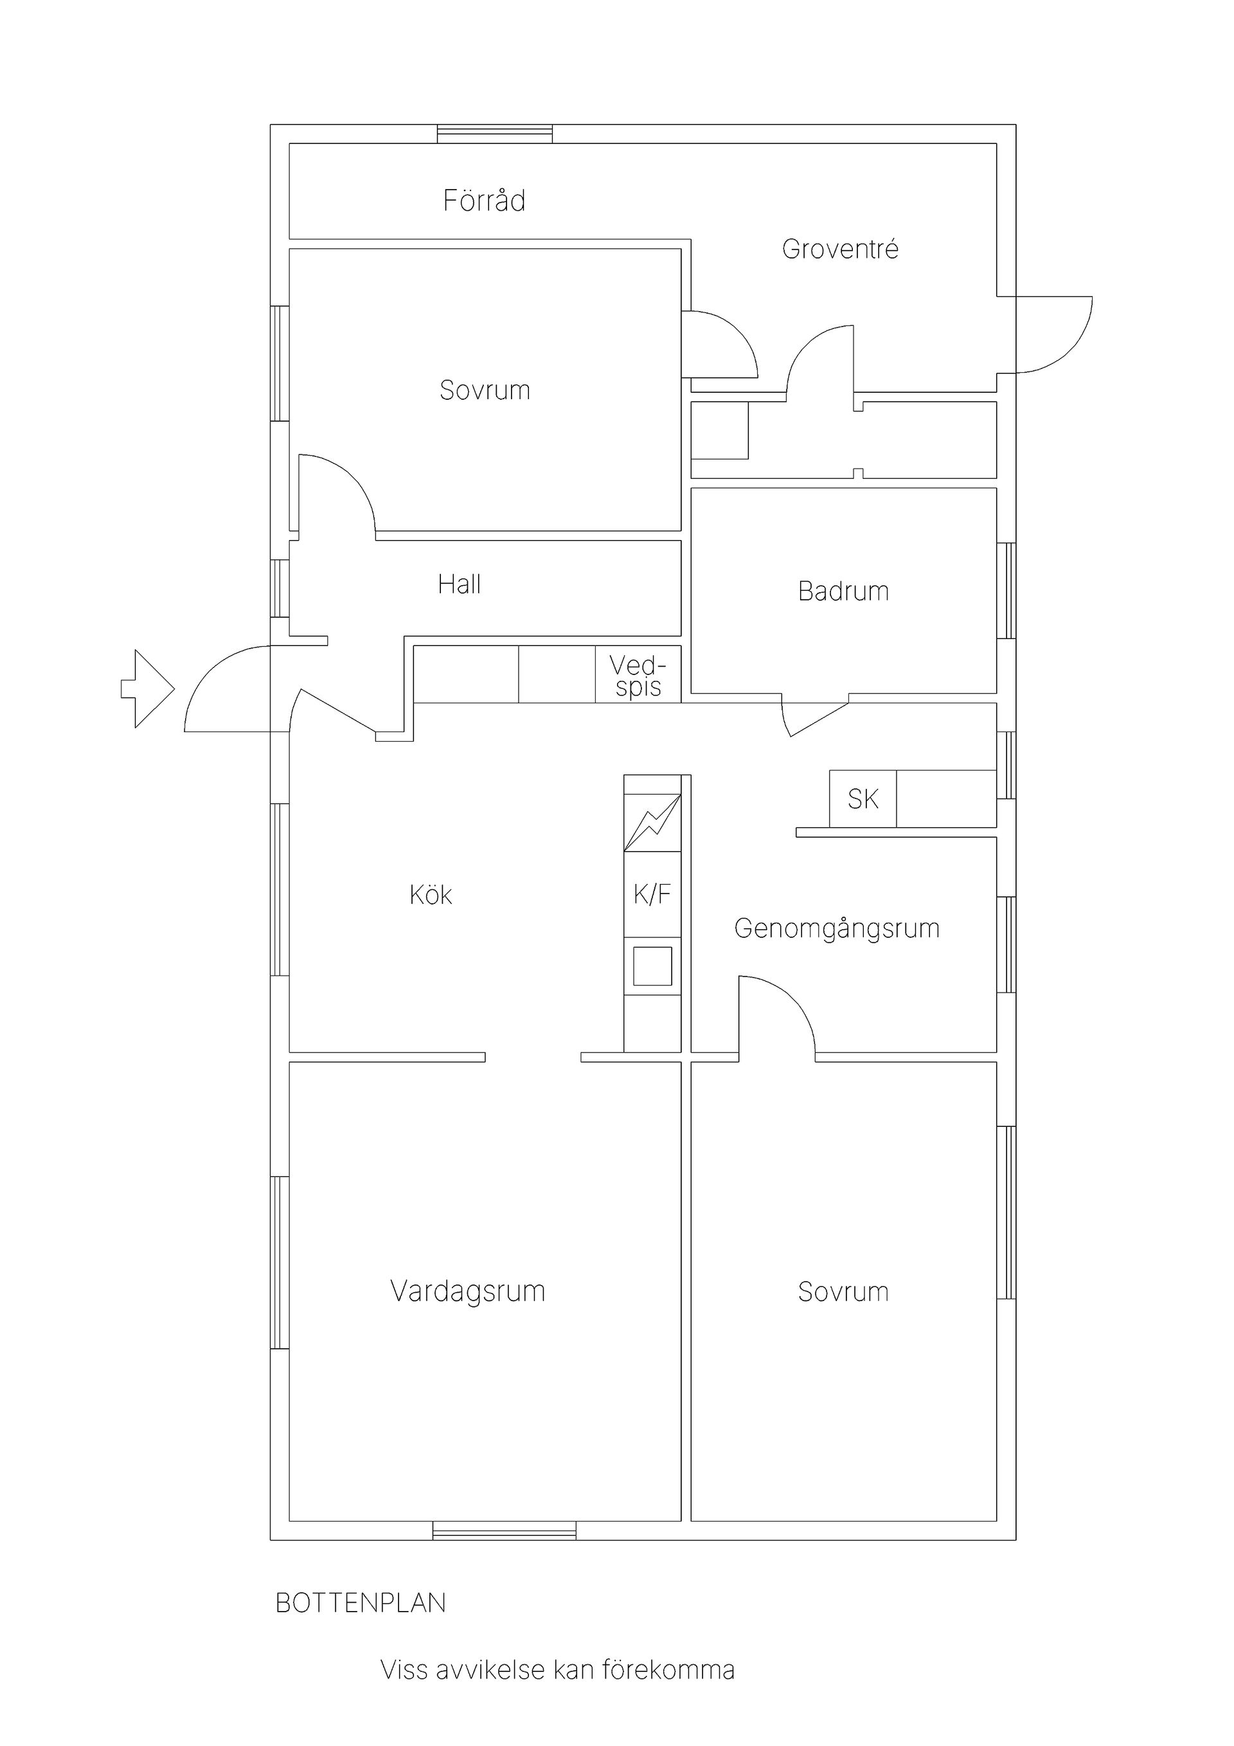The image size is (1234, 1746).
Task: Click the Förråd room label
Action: coord(485,200)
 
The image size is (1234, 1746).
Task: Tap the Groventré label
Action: coord(840,249)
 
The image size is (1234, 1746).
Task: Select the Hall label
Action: coord(460,584)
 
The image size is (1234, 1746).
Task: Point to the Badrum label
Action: coord(843,591)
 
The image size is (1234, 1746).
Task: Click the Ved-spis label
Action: coord(638,676)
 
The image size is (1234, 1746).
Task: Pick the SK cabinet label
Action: coord(863,798)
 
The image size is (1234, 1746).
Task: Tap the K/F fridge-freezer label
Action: coord(652,894)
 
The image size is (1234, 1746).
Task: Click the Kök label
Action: coord(431,894)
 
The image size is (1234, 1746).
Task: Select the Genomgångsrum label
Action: coord(837,928)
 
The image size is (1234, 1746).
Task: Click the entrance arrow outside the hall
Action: coord(148,688)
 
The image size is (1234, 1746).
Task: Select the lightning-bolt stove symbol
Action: coord(652,822)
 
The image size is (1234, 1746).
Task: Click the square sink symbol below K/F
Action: coord(652,966)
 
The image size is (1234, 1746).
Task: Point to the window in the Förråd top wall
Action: coord(495,134)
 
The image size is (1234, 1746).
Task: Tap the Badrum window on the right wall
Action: coord(1006,590)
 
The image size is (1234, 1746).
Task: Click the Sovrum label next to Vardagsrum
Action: coord(843,1291)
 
